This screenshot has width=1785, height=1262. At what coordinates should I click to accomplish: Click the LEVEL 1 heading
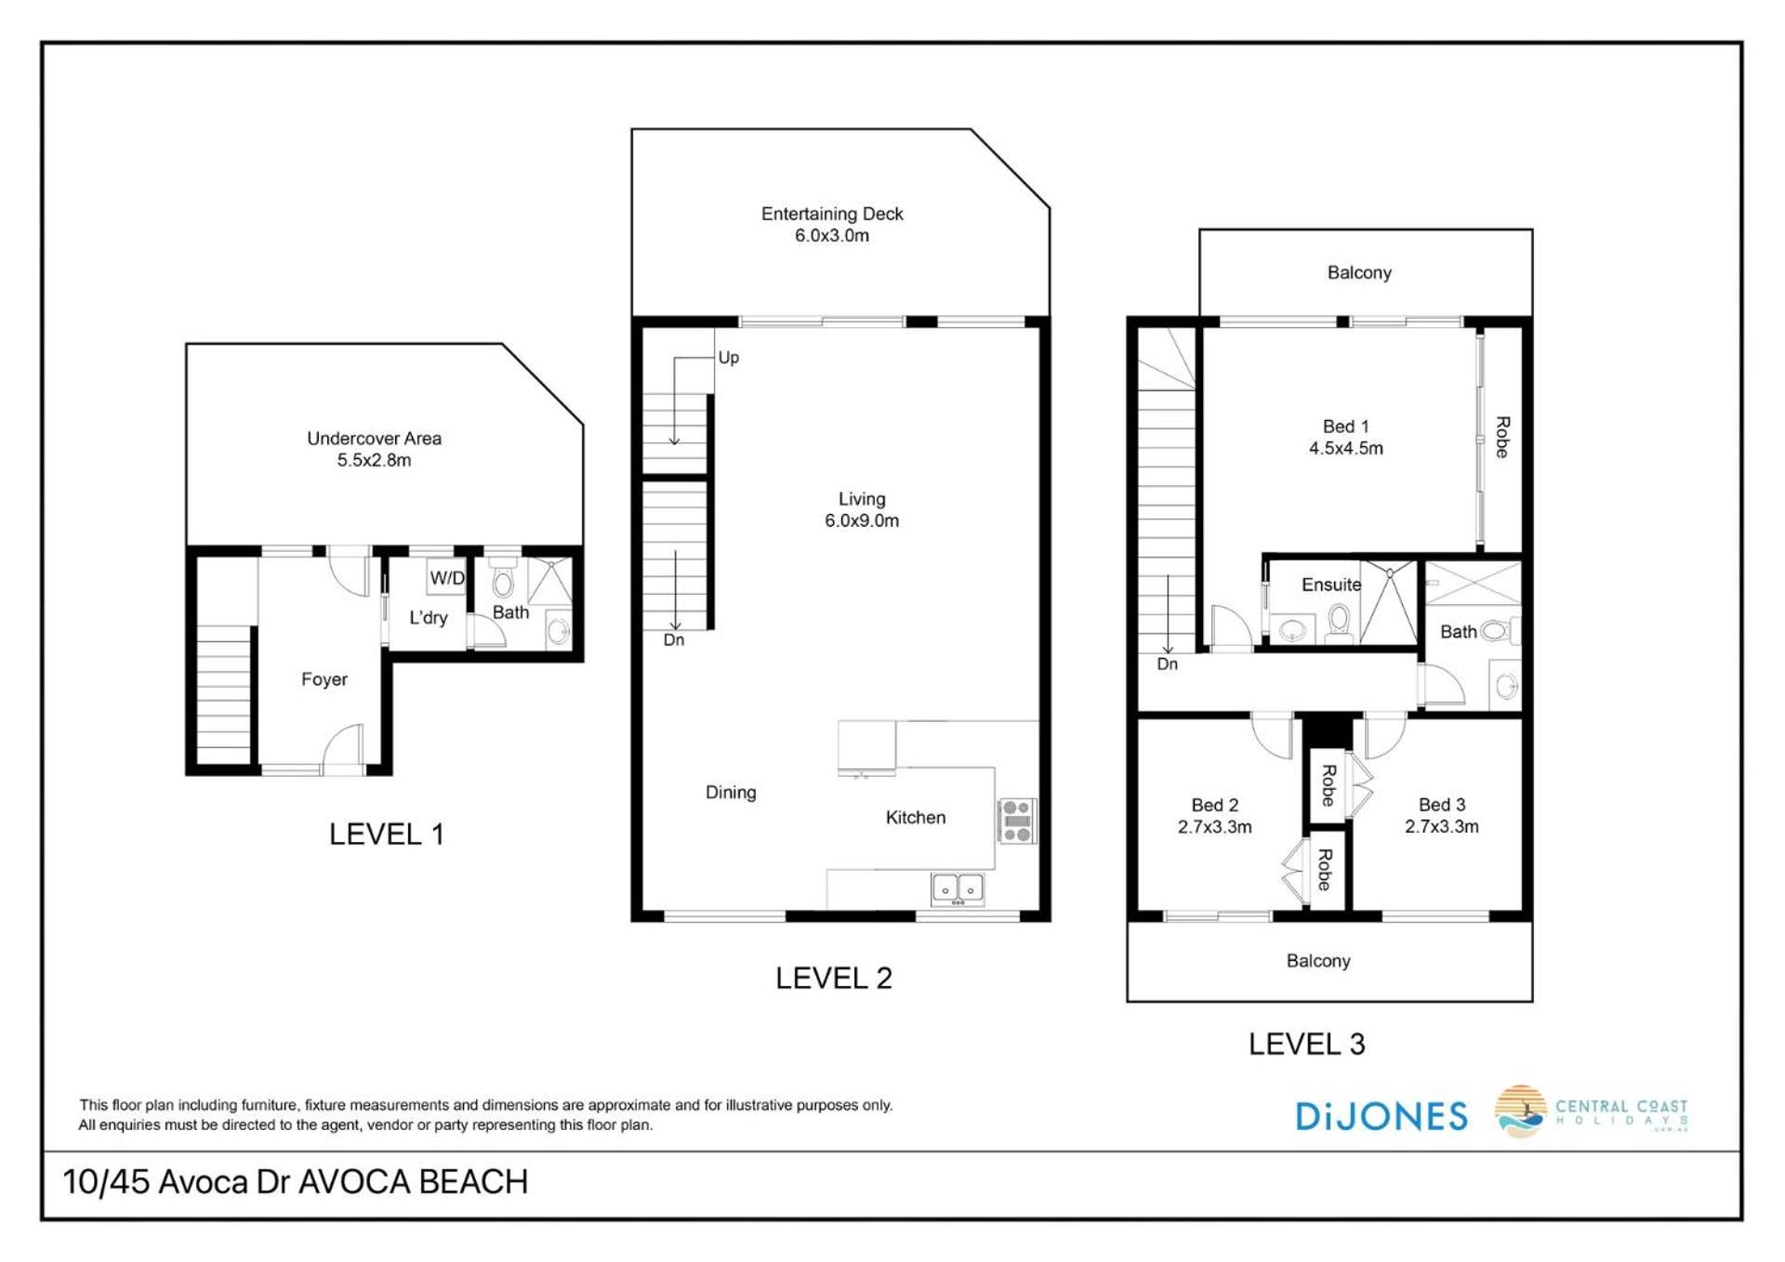pyautogui.click(x=387, y=835)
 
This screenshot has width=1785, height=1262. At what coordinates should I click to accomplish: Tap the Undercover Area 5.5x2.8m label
pyautogui.click(x=374, y=449)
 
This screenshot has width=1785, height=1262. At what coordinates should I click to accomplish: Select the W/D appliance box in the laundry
pyautogui.click(x=447, y=577)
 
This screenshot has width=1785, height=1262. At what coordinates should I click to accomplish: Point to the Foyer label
pyautogui.click(x=324, y=679)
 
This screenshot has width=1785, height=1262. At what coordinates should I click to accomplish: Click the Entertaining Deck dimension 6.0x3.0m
pyautogui.click(x=831, y=236)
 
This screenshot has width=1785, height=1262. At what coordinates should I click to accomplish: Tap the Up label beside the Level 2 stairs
pyautogui.click(x=728, y=358)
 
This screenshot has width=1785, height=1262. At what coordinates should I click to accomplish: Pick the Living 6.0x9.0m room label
pyautogui.click(x=862, y=510)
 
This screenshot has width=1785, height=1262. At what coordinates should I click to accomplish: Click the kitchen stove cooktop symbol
pyautogui.click(x=1017, y=822)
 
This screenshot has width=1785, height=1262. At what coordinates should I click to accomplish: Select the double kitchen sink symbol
pyautogui.click(x=958, y=888)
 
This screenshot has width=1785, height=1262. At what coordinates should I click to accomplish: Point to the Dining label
pyautogui.click(x=731, y=793)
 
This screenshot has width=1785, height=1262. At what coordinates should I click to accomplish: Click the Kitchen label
pyautogui.click(x=916, y=818)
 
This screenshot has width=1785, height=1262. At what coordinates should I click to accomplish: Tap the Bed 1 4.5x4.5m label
pyautogui.click(x=1345, y=438)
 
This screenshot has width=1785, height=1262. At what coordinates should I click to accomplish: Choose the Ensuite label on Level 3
pyautogui.click(x=1331, y=585)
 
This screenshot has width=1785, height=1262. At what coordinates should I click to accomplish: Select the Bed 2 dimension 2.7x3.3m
pyautogui.click(x=1214, y=827)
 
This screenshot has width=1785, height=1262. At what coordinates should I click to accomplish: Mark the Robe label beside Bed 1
pyautogui.click(x=1501, y=437)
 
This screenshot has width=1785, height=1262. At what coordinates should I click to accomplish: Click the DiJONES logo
pyautogui.click(x=1382, y=1116)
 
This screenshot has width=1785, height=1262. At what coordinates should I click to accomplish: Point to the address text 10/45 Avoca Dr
pyautogui.click(x=177, y=1182)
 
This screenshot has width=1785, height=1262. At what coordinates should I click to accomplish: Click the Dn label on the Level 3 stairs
pyautogui.click(x=1167, y=664)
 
